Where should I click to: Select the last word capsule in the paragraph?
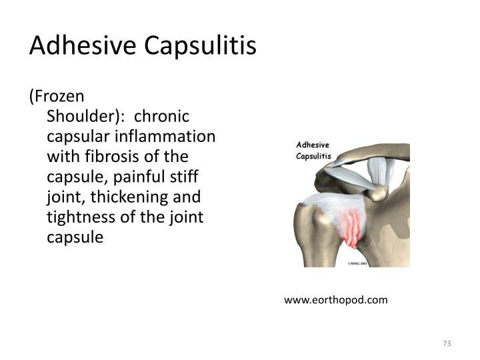75,237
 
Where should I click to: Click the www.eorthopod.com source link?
335,300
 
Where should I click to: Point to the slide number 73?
447,344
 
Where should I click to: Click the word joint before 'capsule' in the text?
185,217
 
